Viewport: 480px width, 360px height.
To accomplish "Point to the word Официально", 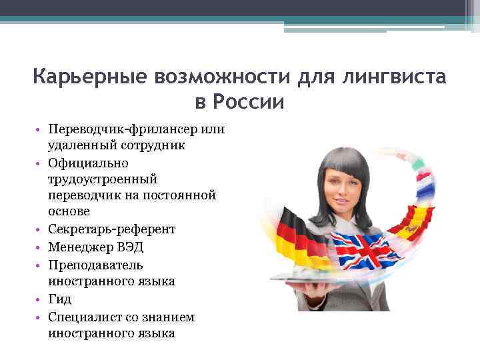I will (83, 162).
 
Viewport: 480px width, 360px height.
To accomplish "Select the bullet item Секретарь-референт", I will (111, 229).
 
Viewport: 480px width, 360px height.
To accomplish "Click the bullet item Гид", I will (60, 299).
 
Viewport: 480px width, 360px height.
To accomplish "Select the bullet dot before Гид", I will (40, 299).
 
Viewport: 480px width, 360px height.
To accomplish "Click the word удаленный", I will (75, 144).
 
